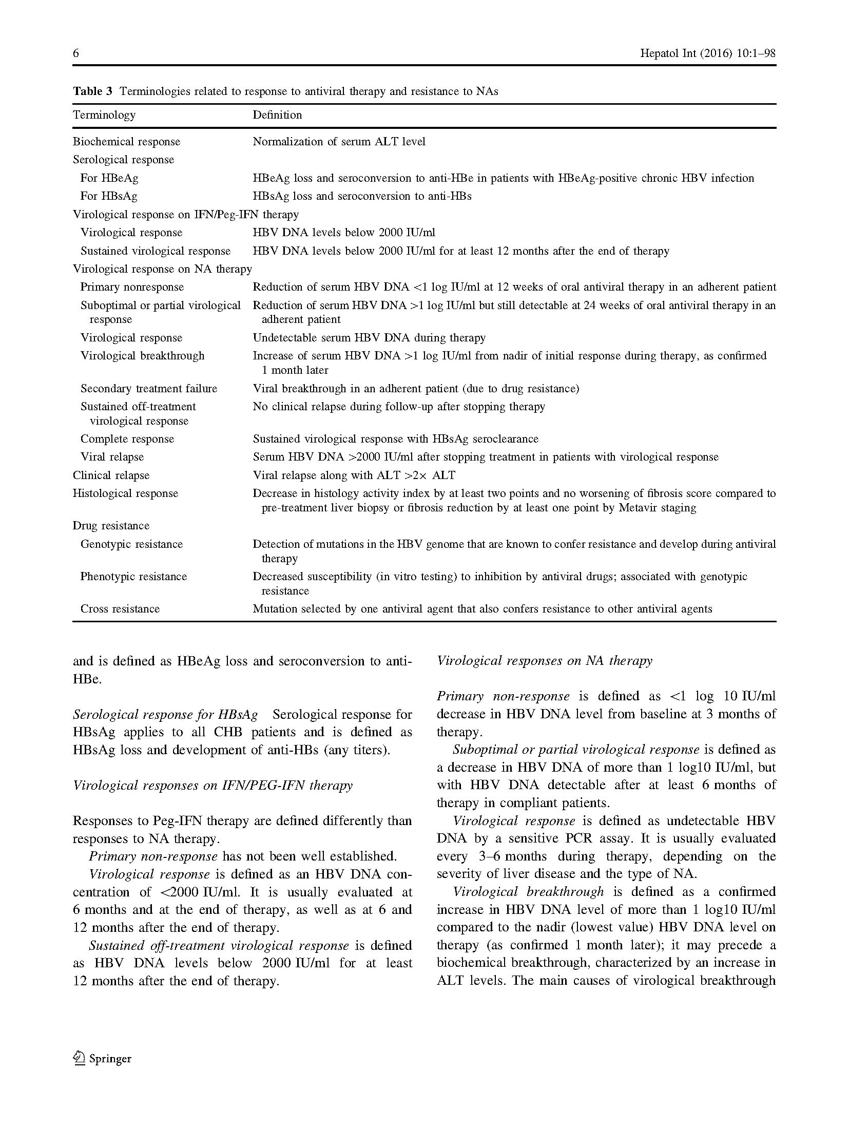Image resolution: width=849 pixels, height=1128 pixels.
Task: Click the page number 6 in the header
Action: click(76, 53)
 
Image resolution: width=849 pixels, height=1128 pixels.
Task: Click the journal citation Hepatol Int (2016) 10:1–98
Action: click(707, 53)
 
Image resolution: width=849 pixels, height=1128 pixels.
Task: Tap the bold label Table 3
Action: click(92, 91)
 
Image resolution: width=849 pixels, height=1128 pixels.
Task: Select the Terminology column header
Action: click(104, 114)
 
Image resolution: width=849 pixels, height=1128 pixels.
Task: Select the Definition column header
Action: click(277, 114)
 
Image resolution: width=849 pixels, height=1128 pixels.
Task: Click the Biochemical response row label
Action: click(126, 141)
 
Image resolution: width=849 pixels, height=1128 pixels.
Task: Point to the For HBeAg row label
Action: click(109, 178)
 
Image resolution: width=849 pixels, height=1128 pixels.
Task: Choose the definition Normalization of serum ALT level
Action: click(339, 141)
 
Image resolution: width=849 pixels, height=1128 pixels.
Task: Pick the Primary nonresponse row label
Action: click(132, 286)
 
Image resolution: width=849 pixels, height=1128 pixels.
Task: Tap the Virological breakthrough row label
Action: click(142, 355)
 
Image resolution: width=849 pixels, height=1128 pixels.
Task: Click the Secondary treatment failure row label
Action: click(149, 388)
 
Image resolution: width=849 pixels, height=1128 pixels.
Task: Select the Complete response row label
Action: click(127, 438)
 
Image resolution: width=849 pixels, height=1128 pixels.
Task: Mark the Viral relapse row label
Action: click(112, 456)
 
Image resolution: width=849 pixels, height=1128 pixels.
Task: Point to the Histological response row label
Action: click(125, 493)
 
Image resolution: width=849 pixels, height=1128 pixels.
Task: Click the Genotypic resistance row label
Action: click(131, 544)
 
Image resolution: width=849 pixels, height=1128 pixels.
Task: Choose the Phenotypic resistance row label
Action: click(133, 576)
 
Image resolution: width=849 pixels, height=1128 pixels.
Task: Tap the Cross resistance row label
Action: click(120, 608)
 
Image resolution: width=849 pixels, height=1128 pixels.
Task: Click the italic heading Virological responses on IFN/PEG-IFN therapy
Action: click(213, 785)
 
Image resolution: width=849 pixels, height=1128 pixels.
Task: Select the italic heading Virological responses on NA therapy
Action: click(544, 660)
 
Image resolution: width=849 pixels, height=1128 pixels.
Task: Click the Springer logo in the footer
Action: click(103, 1059)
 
